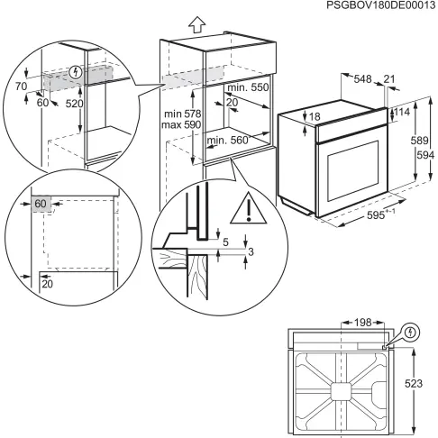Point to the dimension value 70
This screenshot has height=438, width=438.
coord(22,87)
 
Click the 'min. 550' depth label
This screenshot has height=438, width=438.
coord(248,87)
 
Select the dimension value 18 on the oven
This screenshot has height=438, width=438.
coord(314,116)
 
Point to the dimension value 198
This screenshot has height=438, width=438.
coord(361,322)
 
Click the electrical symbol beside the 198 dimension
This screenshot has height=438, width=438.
coord(410,332)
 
